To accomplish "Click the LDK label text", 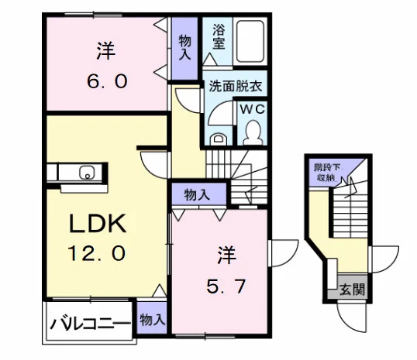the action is [x=98, y=224].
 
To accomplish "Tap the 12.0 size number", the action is [x=97, y=253].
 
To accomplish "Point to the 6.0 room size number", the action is [x=107, y=81].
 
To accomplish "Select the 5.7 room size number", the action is [x=226, y=286].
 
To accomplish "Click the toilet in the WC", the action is [x=252, y=132].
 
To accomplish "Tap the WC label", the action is [x=253, y=109].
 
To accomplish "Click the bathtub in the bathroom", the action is [x=250, y=42].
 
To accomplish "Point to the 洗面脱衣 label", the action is [x=236, y=86].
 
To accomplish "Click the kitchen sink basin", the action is [x=87, y=172].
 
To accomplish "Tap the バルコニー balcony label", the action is [x=91, y=324].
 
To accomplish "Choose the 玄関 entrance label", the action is [x=352, y=289].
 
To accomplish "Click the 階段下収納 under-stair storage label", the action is [x=327, y=173].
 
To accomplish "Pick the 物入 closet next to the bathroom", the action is [x=184, y=47].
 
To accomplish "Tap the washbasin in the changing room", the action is [x=219, y=139].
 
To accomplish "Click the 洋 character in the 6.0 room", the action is [x=106, y=51].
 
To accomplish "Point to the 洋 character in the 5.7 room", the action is [x=227, y=255].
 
